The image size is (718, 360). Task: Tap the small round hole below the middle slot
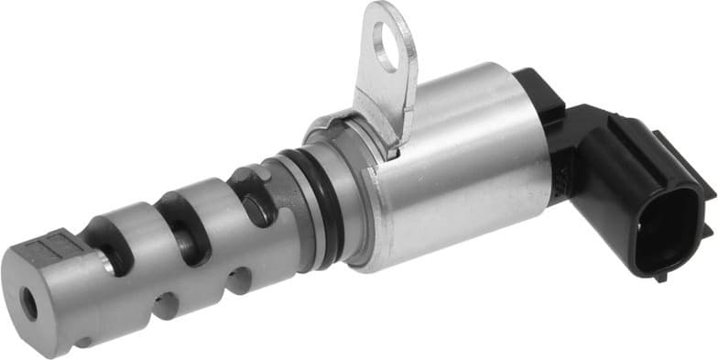[x=165, y=304]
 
